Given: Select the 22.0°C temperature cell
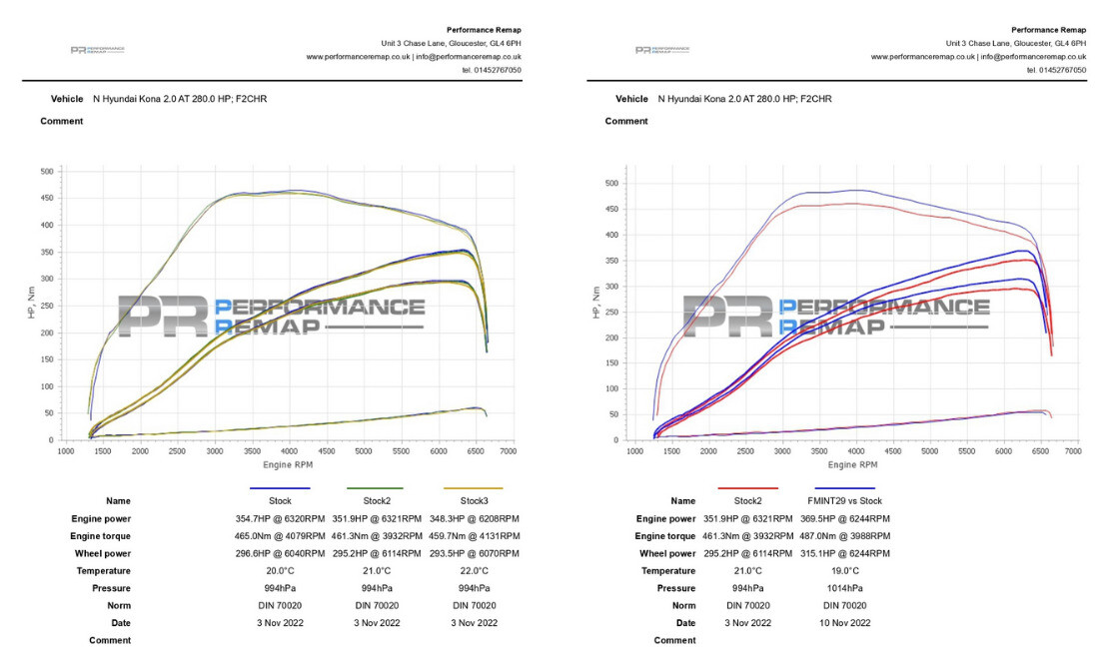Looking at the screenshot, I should (475, 571).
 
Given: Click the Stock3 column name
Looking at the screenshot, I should (475, 501).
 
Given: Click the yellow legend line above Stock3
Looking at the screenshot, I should (475, 488).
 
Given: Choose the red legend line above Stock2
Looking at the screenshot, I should (747, 488).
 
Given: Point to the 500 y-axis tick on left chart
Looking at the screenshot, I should (48, 172).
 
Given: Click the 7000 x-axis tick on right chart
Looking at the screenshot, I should (1073, 452).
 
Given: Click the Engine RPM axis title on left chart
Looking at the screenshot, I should (287, 464).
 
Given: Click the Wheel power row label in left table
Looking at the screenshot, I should (104, 553).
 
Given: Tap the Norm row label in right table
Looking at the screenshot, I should (683, 606).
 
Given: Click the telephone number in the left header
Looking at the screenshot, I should (491, 70).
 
